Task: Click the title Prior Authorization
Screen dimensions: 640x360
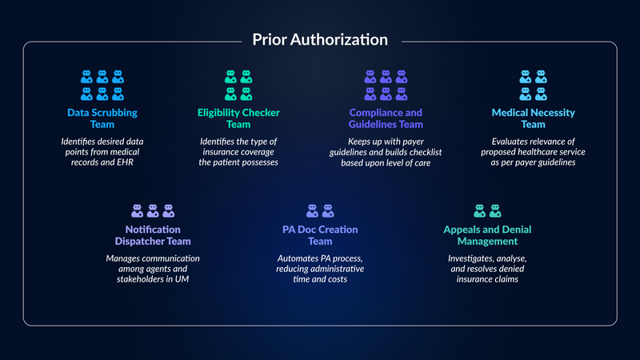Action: (320, 39)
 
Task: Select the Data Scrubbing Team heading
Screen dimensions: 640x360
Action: (102, 118)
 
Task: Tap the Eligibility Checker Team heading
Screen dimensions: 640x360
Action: (238, 118)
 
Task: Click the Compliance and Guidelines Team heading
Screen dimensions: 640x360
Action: (386, 118)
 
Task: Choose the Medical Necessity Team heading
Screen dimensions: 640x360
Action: (533, 118)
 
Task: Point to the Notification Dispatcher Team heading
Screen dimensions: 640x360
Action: (153, 235)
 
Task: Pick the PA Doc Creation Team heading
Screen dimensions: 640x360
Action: (320, 235)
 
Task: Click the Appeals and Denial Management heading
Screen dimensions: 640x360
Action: (487, 235)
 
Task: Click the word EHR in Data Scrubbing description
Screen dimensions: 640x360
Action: (125, 162)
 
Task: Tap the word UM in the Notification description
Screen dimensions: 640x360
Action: (182, 279)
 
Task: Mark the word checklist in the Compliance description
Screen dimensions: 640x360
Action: (426, 152)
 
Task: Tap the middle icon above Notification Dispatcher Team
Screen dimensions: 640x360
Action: (153, 210)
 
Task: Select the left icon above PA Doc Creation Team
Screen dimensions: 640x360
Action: (312, 210)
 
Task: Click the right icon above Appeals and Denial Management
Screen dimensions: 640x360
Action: (495, 210)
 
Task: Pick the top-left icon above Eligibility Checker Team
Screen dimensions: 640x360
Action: (230, 77)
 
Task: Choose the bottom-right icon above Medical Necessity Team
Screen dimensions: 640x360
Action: (541, 94)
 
